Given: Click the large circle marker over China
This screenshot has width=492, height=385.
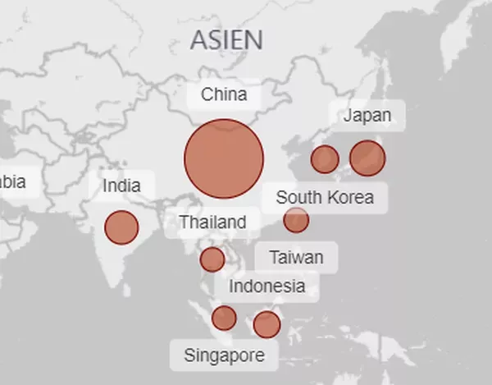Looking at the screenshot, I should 224,158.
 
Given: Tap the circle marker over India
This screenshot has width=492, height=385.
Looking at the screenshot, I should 121,227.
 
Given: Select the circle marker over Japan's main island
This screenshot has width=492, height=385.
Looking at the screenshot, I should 367,158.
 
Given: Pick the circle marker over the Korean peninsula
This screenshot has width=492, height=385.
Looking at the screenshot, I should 325,159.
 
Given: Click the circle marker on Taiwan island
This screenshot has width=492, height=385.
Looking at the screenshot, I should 296,220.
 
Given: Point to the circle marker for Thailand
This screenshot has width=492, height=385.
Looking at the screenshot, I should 212,259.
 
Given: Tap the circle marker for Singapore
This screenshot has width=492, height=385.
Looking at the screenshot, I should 224,318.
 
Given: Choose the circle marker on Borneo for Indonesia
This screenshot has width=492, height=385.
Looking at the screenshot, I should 266,324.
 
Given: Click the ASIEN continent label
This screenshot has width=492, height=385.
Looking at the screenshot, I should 226,39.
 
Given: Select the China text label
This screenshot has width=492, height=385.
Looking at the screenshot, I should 224,94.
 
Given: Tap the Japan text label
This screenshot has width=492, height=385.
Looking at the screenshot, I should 367,115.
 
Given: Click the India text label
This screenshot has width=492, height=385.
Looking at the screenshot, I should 121,186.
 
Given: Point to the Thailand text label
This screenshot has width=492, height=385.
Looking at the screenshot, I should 212,222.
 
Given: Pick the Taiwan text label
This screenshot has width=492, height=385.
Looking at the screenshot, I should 296,257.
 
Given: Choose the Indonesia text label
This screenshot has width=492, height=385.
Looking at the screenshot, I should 266,286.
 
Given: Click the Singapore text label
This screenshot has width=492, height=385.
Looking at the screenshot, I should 224,355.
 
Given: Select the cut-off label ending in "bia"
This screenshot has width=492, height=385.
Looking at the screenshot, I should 15,182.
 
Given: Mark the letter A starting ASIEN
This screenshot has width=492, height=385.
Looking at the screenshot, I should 199,39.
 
